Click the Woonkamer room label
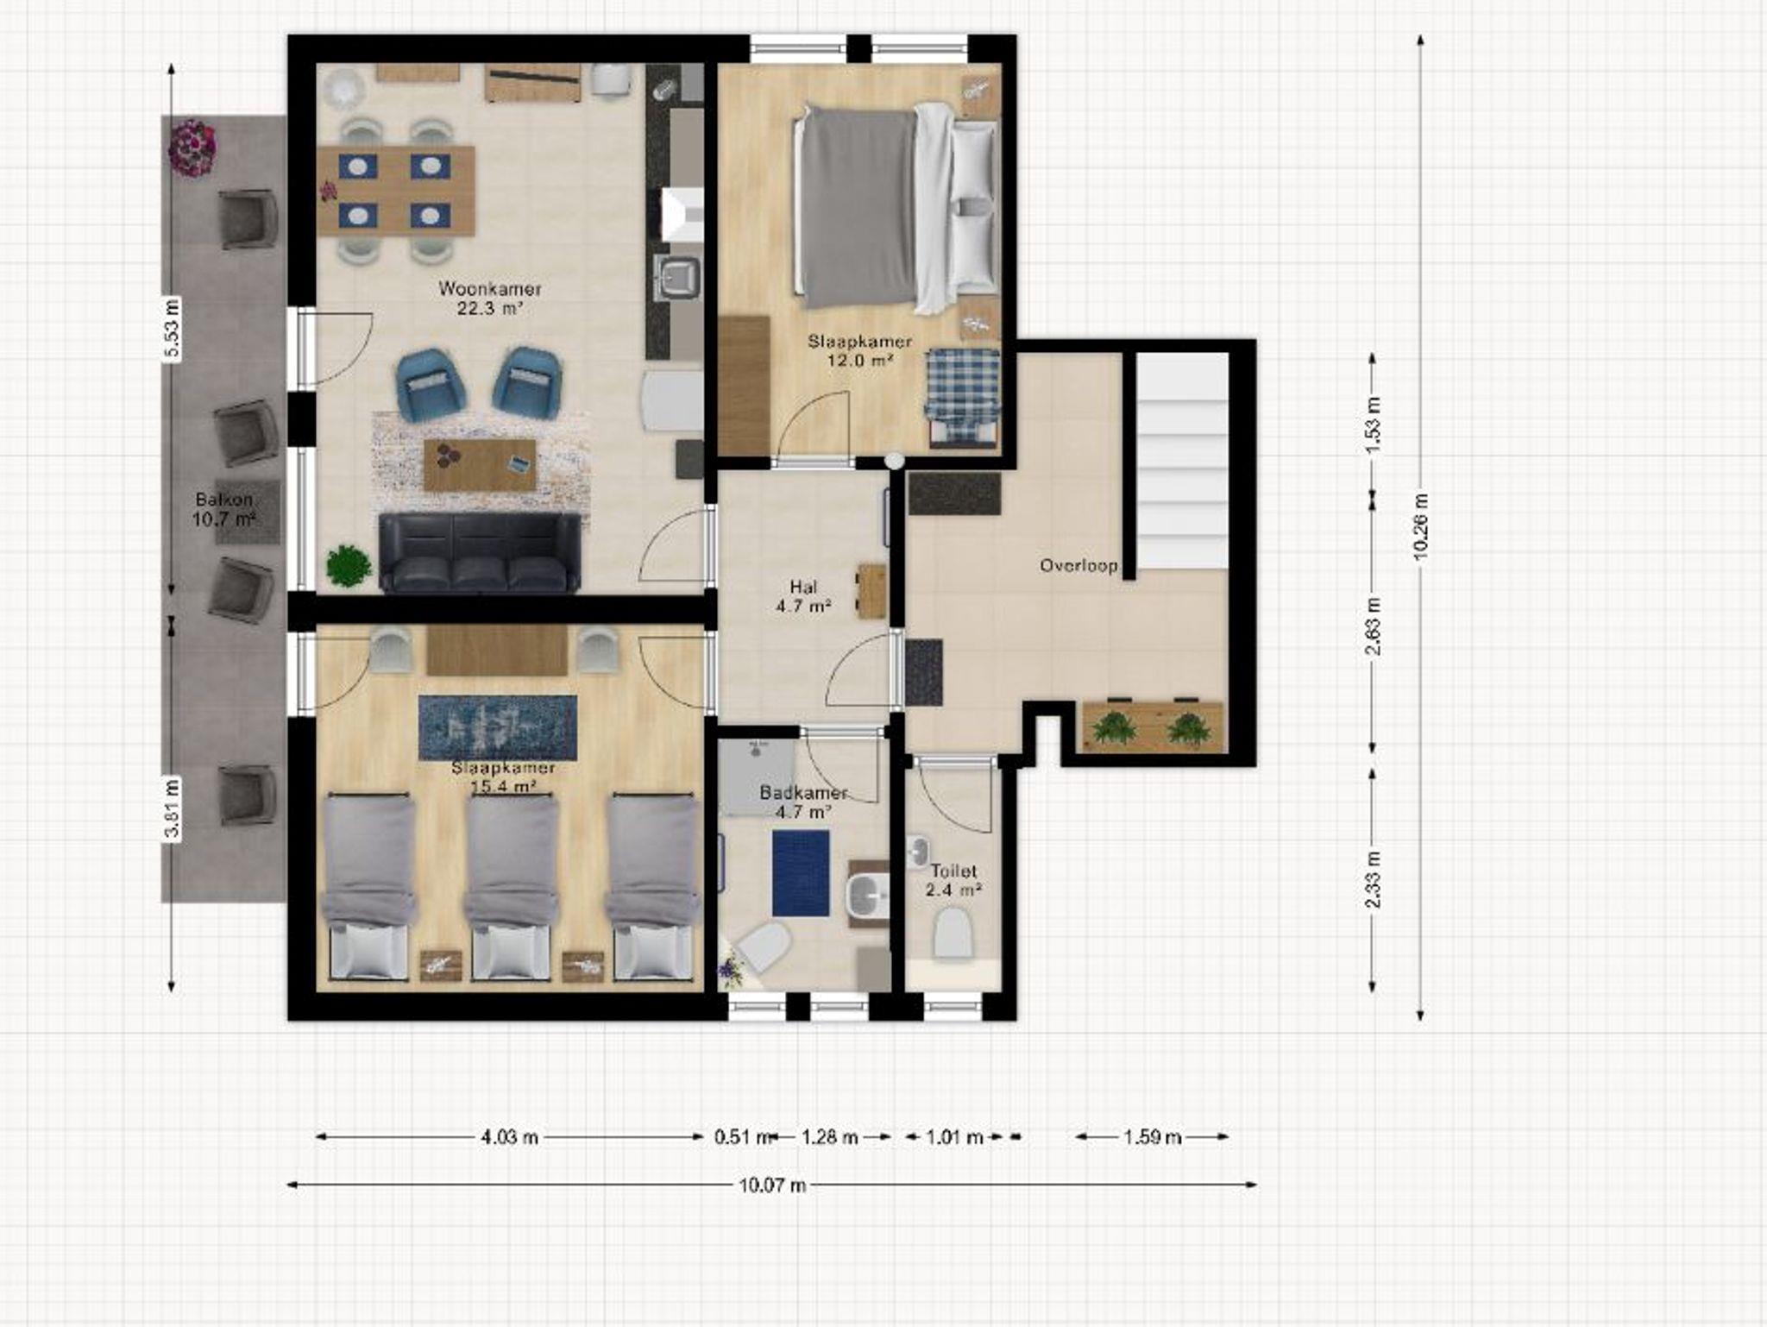(490, 299)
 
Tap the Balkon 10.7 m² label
(223, 509)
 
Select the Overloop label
(1078, 566)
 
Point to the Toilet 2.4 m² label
(953, 881)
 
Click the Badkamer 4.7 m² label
(803, 802)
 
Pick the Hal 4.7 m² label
(803, 596)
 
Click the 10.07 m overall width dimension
(772, 1185)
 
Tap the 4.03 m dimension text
(509, 1137)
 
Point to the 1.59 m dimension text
(1152, 1137)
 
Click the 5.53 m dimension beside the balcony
(173, 328)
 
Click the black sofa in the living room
(480, 552)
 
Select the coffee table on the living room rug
(480, 465)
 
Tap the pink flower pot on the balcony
(192, 148)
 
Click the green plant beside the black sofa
(349, 566)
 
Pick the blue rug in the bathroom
(801, 873)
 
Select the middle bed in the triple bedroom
(509, 887)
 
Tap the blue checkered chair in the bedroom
(964, 396)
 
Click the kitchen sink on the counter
(678, 277)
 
